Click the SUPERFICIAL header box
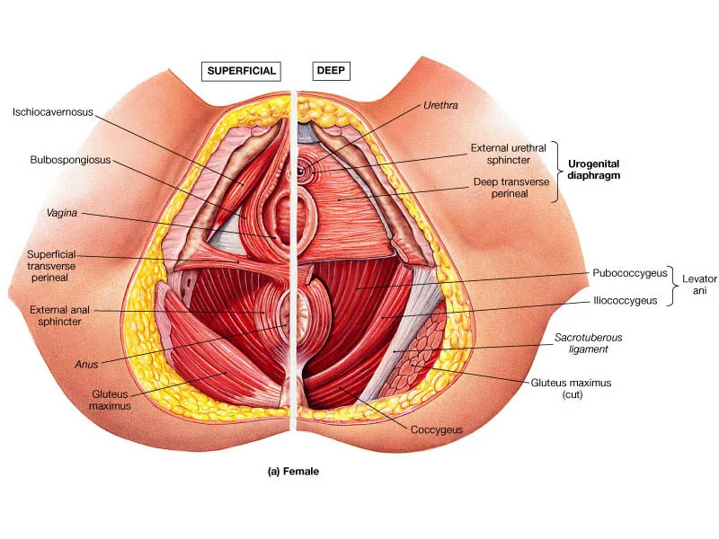coord(240,70)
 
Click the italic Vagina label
coord(61,213)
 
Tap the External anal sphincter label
coord(57,315)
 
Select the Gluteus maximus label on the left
coord(111,400)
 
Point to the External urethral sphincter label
coord(512,154)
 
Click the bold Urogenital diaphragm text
coord(594,170)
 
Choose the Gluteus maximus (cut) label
coord(572,388)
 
